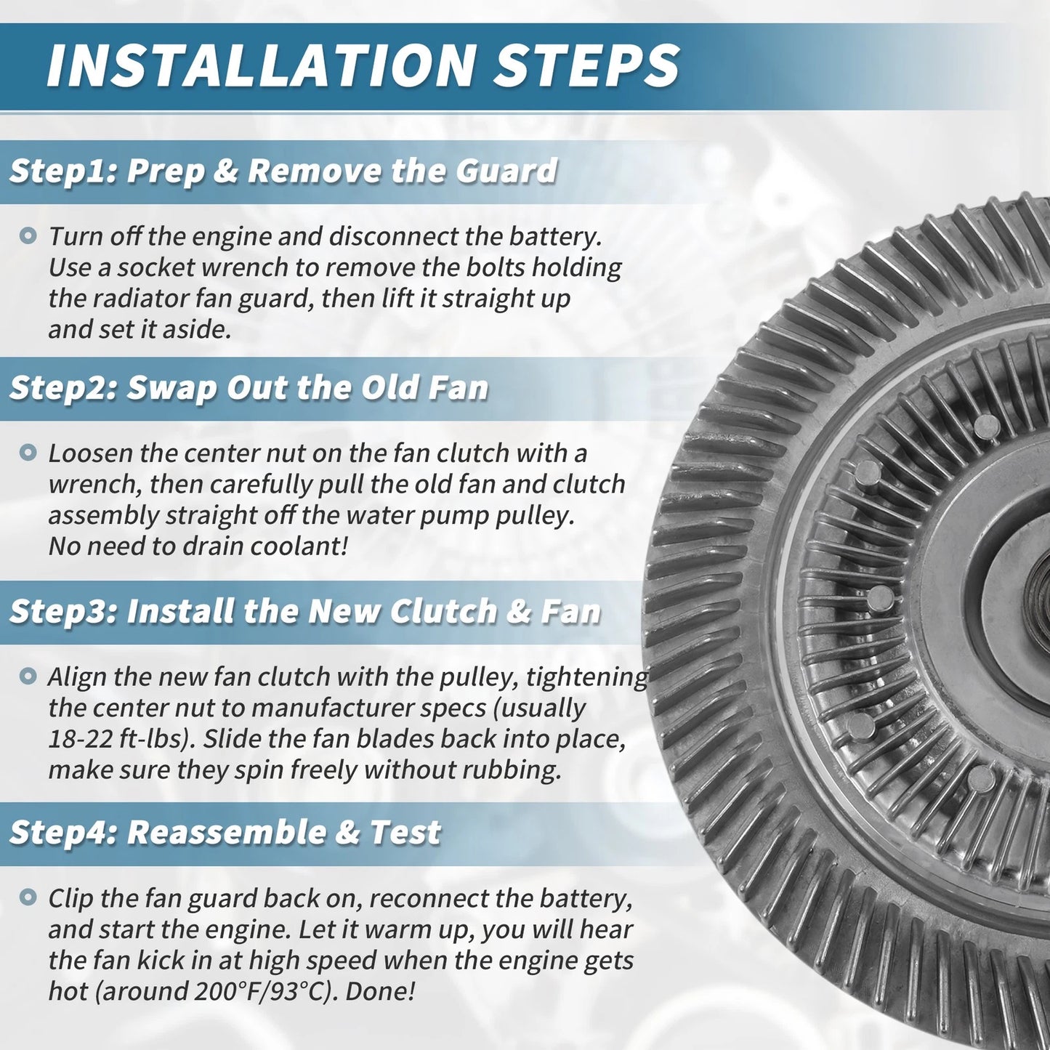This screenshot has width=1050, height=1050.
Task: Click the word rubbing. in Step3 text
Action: coord(512,770)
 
